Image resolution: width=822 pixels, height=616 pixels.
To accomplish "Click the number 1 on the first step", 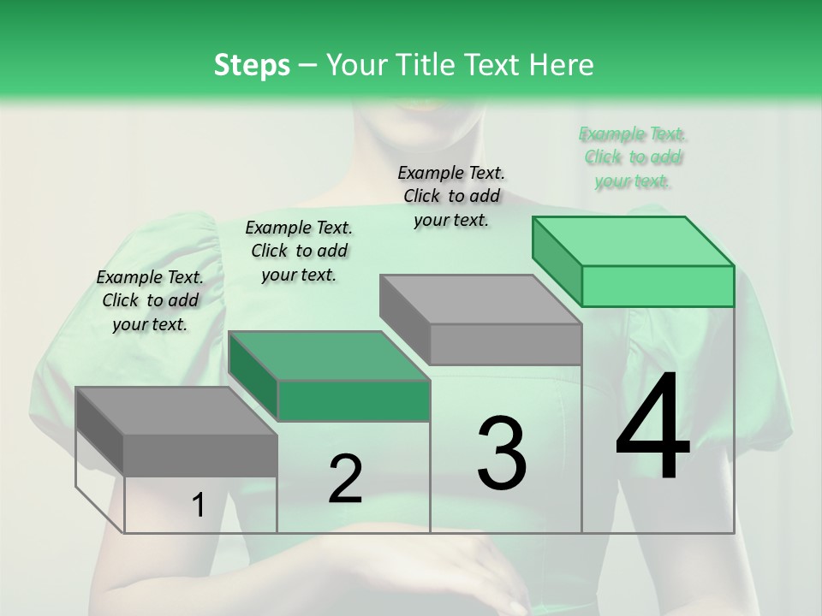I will click(x=199, y=506).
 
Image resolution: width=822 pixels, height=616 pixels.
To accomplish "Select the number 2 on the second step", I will click(x=345, y=479).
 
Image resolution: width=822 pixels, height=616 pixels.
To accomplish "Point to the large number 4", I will click(x=652, y=429).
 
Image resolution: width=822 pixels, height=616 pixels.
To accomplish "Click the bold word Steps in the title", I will click(x=252, y=65).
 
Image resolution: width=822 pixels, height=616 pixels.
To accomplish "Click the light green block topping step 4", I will click(x=657, y=286).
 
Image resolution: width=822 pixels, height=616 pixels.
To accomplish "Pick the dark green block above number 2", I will click(x=353, y=400).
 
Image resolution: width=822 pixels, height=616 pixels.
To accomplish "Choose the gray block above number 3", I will click(x=504, y=344).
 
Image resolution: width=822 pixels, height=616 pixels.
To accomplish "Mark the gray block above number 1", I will click(x=200, y=455).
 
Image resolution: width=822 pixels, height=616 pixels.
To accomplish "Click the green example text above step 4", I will click(x=633, y=157).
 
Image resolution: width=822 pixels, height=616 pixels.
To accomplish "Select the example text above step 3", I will click(x=451, y=196).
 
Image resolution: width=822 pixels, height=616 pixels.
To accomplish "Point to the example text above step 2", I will click(x=299, y=251).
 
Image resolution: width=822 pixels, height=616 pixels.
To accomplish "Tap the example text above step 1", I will click(x=150, y=300).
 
